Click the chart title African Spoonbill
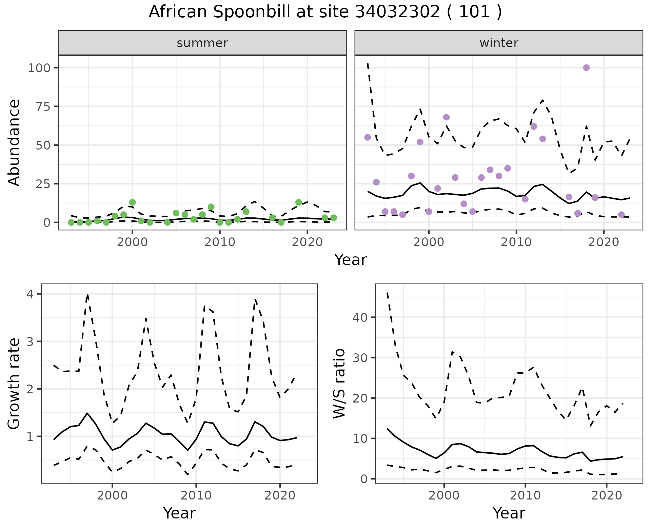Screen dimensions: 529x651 (325, 12)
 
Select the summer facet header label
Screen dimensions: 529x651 (202, 43)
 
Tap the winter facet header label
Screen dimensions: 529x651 (498, 43)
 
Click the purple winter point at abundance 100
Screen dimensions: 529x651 (586, 68)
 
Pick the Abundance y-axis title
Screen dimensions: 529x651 (14, 142)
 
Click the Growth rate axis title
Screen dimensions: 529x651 (14, 384)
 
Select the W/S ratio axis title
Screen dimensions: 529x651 (339, 384)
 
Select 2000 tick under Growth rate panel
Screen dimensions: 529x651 (112, 495)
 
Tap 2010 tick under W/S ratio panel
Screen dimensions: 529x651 (525, 495)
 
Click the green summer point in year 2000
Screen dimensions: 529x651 (132, 202)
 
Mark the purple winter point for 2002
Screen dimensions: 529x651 (446, 117)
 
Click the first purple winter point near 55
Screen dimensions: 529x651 (368, 137)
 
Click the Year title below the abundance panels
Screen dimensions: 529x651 (351, 260)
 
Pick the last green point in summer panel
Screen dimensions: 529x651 (333, 218)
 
